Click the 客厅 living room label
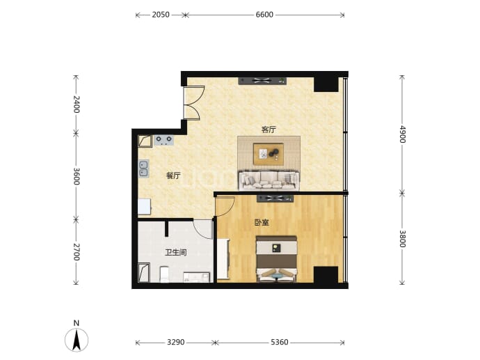point(269,130)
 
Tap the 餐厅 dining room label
point(173,175)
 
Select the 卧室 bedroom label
point(262,222)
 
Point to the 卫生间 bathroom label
point(176,253)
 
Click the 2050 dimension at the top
point(161,15)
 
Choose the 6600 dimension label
point(264,15)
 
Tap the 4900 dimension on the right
point(402,134)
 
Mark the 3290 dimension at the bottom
point(176,342)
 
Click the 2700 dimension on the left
point(77,252)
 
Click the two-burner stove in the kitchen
point(163,140)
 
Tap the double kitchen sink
point(143,169)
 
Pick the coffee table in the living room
point(269,154)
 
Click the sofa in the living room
point(269,180)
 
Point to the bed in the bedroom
point(277,259)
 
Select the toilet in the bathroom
point(164,274)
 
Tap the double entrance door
point(191,102)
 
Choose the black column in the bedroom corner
point(326,274)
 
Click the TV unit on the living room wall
point(262,81)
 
